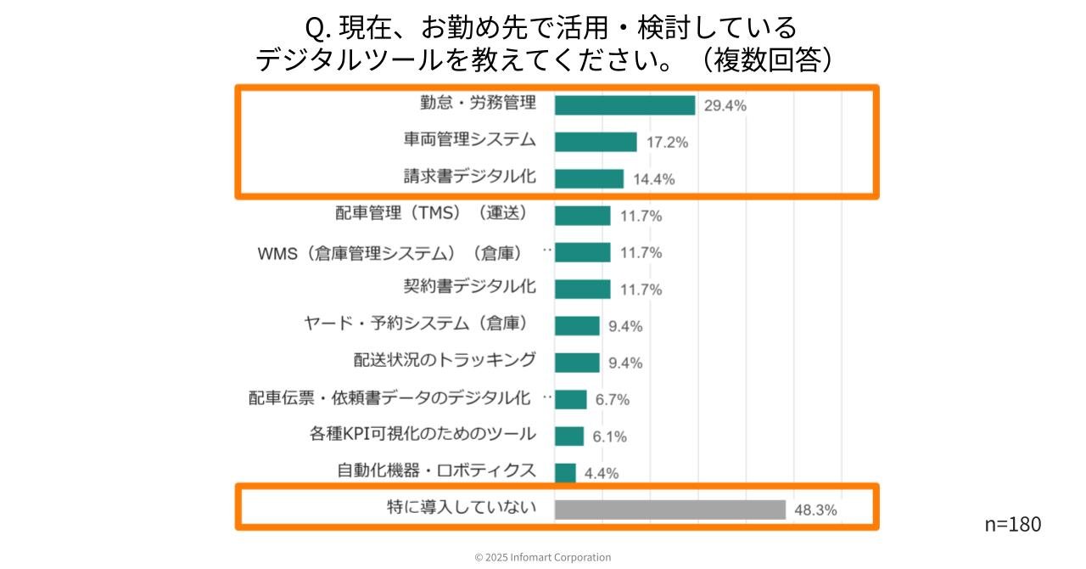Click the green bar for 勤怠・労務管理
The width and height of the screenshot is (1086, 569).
coord(624,105)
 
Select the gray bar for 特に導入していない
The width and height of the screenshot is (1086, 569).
coord(670,510)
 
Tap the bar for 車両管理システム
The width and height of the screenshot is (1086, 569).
coord(596,142)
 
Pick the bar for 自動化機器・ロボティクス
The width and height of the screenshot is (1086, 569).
coord(565,473)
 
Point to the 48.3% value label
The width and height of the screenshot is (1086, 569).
coord(815,510)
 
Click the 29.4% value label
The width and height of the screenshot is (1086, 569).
coord(725,106)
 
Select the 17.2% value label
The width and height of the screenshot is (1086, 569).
coord(667,143)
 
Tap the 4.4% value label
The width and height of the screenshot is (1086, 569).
coord(601,474)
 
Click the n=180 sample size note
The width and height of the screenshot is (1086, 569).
coord(1012,524)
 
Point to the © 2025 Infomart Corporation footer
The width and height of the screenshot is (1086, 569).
coord(542,557)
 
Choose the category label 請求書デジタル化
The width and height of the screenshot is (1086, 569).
coord(469,177)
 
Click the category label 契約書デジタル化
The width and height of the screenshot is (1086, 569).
coord(469,287)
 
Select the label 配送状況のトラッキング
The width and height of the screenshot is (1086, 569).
coord(445,360)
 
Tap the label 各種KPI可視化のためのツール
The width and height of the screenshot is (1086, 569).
coord(423,434)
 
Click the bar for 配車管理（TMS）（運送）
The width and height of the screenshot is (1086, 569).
coord(582,216)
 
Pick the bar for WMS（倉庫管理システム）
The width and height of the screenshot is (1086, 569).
coord(582,252)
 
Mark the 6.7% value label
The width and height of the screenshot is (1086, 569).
coord(612,400)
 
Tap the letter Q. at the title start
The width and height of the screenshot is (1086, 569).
coord(317,29)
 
